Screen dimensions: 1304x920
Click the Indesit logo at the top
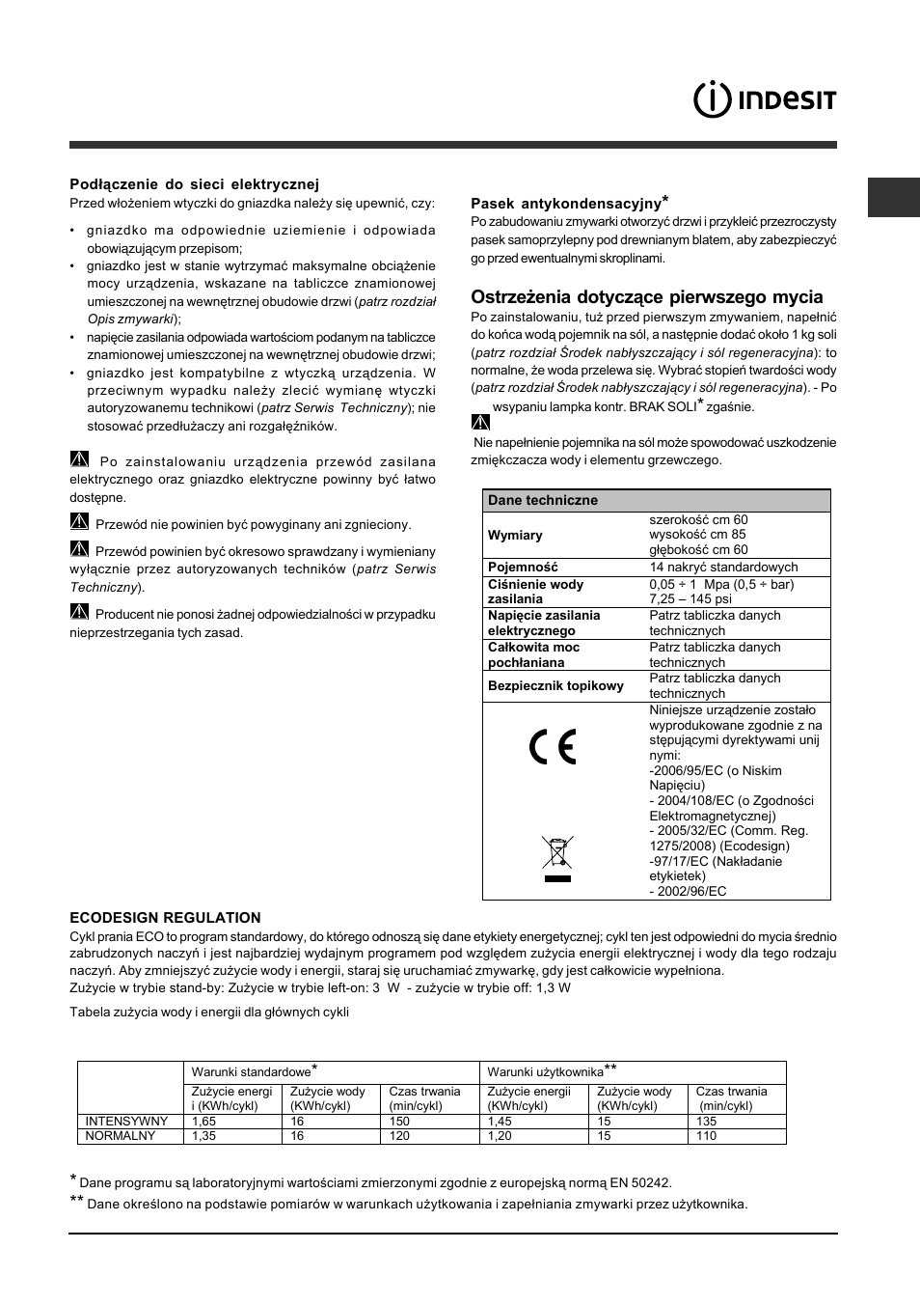tap(765, 99)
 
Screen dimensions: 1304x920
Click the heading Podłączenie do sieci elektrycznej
tap(194, 183)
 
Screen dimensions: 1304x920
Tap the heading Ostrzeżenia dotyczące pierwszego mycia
tap(646, 297)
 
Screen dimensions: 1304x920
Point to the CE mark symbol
tap(552, 747)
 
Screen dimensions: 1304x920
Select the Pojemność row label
tap(523, 568)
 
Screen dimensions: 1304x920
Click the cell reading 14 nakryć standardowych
tap(723, 568)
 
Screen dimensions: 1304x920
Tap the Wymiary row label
tap(515, 535)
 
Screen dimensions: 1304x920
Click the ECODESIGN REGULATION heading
tap(165, 918)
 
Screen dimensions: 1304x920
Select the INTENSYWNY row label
tap(127, 1122)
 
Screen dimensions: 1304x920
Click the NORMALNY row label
tap(121, 1136)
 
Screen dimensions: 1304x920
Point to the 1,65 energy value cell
tap(203, 1122)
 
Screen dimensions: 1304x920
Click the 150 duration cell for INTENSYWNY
tap(399, 1122)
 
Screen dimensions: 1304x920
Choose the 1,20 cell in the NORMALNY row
tap(500, 1136)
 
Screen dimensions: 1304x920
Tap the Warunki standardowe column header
tap(253, 1071)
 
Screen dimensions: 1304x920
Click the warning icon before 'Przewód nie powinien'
tap(79, 523)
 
